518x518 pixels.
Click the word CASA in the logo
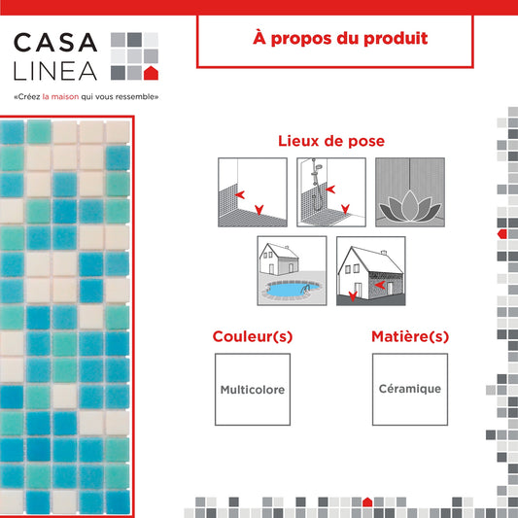coord(55,43)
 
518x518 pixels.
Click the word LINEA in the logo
coord(55,71)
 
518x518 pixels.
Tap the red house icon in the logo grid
coord(151,73)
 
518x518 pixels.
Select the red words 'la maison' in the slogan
coord(61,97)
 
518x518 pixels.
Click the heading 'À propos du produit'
coord(340,38)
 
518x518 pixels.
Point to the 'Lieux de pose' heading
coord(331,141)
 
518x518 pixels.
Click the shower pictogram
coord(331,192)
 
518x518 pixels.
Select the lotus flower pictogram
coord(410,192)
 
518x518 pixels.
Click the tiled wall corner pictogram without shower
coord(253,192)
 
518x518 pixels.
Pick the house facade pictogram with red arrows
coord(371,271)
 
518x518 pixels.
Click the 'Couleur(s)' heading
coord(253,336)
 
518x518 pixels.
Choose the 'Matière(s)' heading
coord(410,336)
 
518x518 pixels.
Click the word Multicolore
coord(253,390)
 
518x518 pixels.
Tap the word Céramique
coord(410,389)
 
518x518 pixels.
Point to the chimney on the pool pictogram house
coord(287,247)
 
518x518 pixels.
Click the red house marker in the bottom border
coord(367,502)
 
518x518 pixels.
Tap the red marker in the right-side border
coord(502,234)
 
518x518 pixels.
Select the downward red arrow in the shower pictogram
coord(346,209)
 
